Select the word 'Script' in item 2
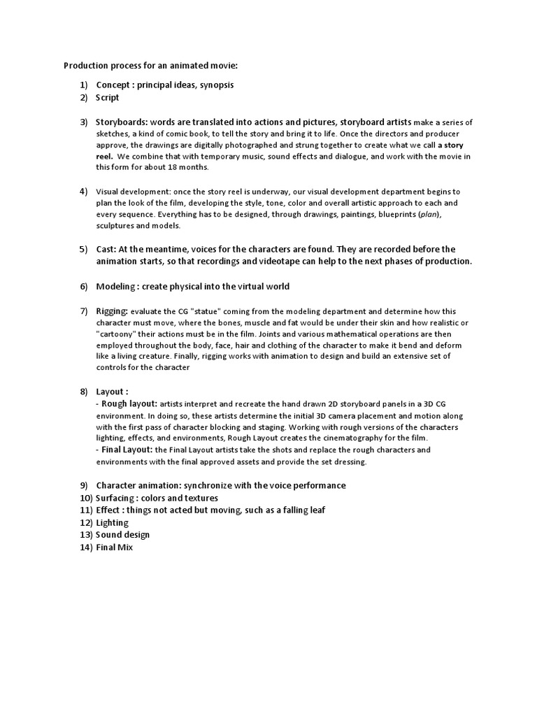point(108,98)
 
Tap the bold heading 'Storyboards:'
point(122,122)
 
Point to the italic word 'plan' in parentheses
point(429,215)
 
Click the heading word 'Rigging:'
point(112,310)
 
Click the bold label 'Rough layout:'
point(129,403)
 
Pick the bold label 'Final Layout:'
point(127,450)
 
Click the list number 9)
point(84,485)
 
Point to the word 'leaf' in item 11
point(316,510)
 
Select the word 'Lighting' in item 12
point(113,523)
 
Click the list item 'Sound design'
point(122,535)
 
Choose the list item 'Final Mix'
point(114,548)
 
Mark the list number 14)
point(85,548)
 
